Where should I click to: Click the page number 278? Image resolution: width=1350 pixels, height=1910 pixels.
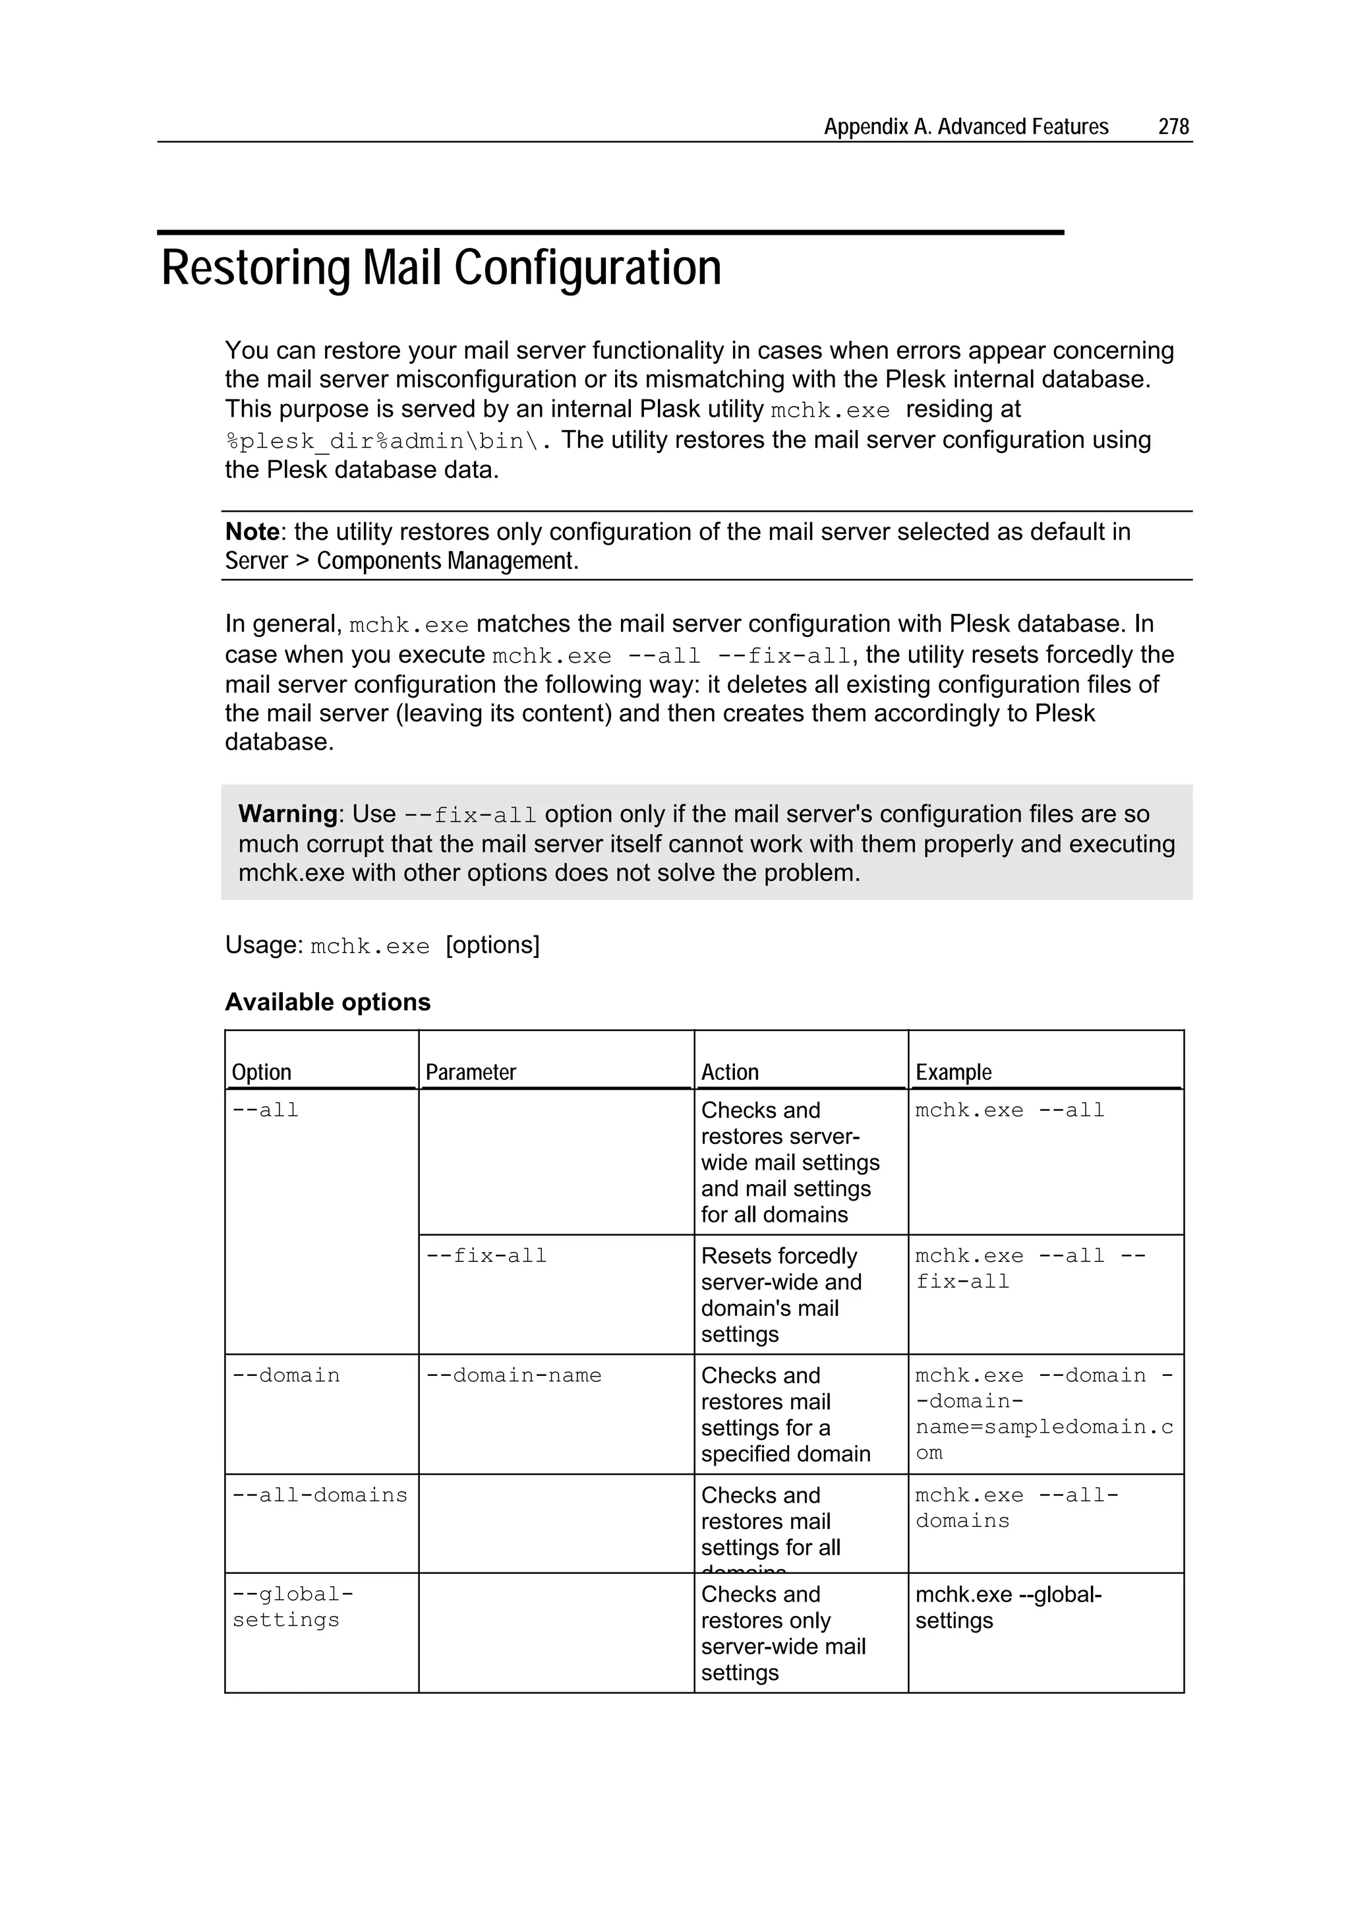1173,127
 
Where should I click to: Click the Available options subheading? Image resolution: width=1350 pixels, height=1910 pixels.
328,1001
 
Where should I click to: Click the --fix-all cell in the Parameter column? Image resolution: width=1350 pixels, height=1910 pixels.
486,1256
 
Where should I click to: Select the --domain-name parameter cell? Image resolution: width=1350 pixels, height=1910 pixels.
514,1376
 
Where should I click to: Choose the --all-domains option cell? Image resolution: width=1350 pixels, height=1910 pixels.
320,1496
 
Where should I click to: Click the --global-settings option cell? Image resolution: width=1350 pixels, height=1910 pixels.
292,1607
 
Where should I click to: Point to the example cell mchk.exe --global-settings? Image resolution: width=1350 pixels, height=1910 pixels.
1007,1607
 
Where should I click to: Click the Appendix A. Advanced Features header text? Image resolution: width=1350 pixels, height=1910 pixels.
965,127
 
